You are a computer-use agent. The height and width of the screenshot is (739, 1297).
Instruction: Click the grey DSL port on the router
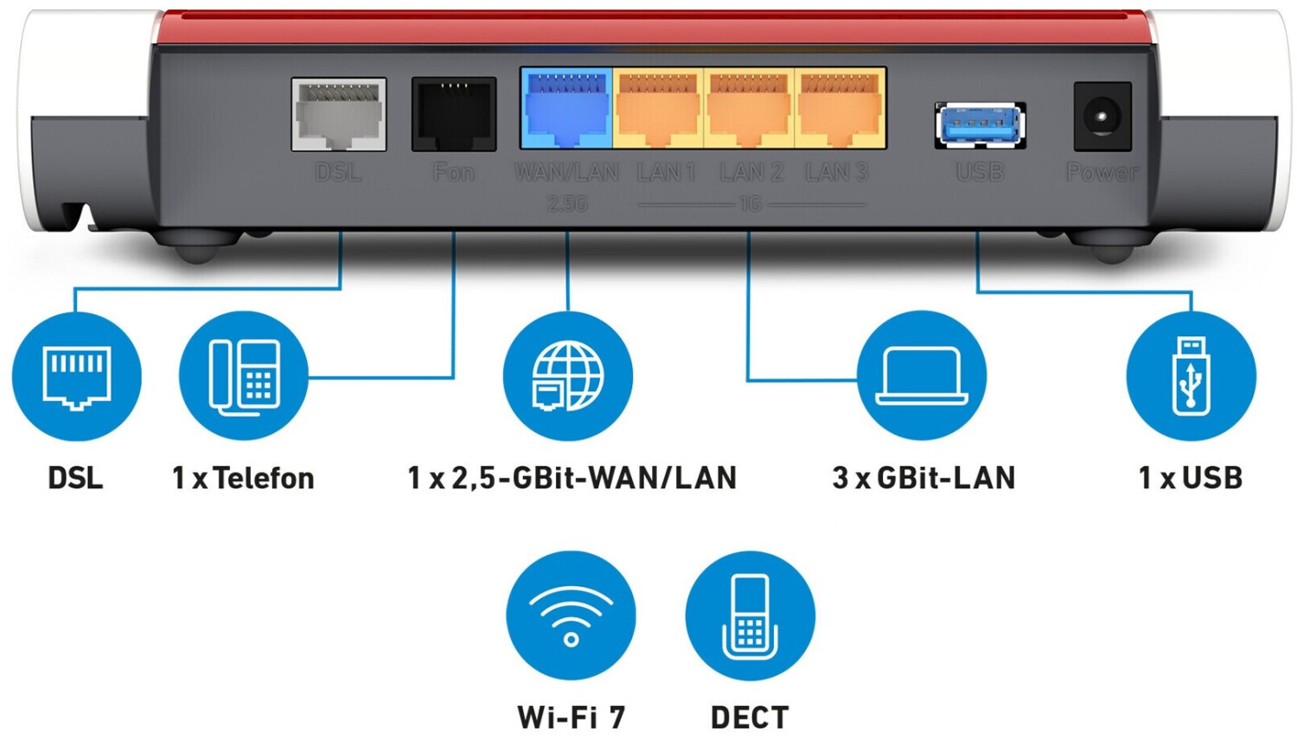[x=339, y=114]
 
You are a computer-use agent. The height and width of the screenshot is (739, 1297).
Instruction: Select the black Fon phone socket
[x=454, y=114]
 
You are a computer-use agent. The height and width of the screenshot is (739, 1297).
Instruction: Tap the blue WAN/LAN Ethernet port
[x=566, y=110]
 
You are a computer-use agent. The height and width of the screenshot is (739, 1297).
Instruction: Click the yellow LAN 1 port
[x=658, y=110]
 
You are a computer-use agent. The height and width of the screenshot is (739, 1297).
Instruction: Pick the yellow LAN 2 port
[x=749, y=110]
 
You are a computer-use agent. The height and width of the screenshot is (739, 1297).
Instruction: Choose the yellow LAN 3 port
[x=840, y=110]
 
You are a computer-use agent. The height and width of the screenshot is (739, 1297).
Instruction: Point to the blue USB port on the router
[x=981, y=124]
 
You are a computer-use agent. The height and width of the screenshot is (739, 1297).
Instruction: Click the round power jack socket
[x=1102, y=117]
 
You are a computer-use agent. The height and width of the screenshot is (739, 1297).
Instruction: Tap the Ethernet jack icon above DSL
[x=77, y=377]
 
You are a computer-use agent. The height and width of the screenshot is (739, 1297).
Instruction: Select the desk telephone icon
[x=244, y=377]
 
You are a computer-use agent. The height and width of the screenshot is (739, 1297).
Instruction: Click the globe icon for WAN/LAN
[x=568, y=377]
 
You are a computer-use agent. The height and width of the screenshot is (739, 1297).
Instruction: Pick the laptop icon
[x=922, y=377]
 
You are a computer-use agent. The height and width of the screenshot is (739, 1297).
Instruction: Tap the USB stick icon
[x=1192, y=377]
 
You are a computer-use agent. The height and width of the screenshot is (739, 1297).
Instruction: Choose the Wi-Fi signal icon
[x=571, y=615]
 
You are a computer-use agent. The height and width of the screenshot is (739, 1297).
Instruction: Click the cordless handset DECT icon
[x=750, y=615]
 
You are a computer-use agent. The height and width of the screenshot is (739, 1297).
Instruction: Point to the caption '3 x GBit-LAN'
[x=923, y=478]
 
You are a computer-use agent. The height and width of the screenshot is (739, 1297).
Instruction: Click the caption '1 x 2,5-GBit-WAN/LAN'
[x=572, y=478]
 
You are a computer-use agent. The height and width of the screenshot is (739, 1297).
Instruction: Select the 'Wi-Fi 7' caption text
[x=571, y=717]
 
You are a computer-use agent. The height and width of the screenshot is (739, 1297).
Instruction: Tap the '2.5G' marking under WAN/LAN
[x=567, y=204]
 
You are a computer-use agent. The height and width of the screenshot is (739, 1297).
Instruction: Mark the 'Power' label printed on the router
[x=1102, y=173]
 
